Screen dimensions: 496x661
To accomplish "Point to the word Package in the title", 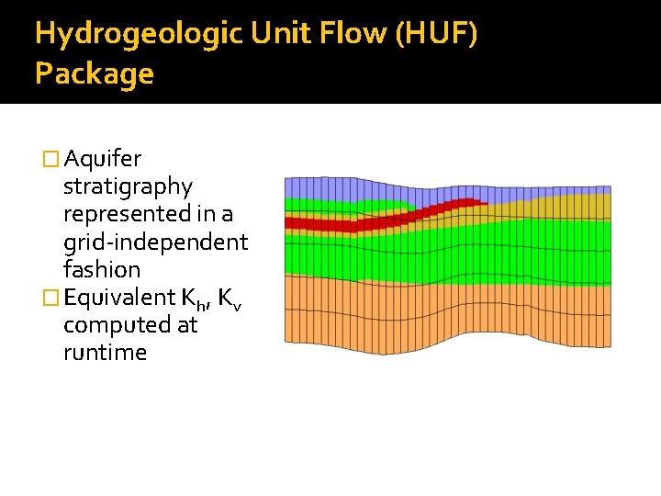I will [x=94, y=73].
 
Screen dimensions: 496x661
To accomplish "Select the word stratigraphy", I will [x=128, y=186].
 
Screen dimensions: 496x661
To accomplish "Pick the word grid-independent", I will [x=155, y=242].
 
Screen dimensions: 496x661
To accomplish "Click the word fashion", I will [x=102, y=269].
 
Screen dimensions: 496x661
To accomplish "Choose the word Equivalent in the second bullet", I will [x=119, y=297].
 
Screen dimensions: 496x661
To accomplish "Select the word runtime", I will [x=105, y=352].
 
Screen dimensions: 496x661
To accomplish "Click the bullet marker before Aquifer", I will [x=51, y=160].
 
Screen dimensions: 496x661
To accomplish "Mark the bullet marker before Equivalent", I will [x=51, y=298].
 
